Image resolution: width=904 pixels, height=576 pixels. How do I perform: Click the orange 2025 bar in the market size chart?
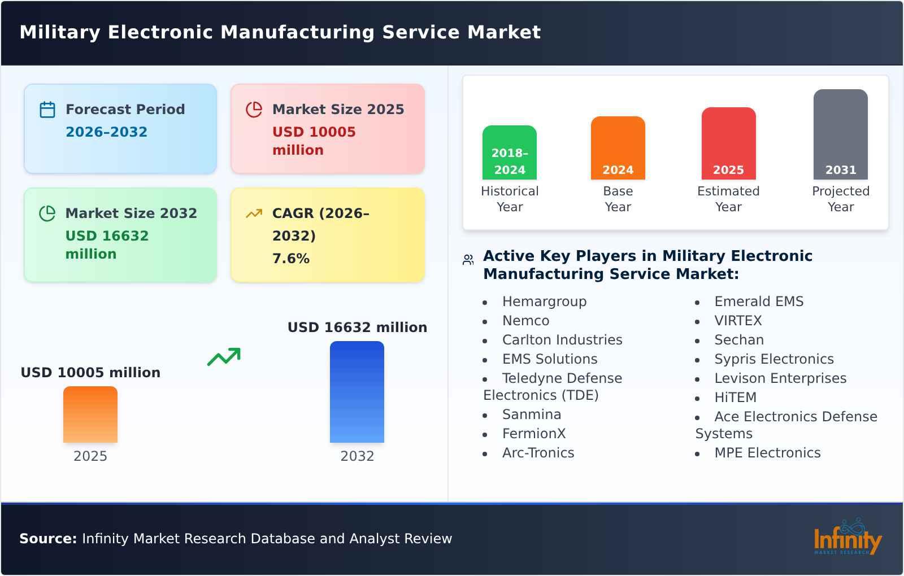tap(90, 414)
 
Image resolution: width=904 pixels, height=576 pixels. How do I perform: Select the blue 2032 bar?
tap(357, 392)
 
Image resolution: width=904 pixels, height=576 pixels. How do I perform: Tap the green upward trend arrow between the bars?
tap(224, 357)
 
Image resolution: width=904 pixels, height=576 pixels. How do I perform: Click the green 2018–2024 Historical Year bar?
tap(509, 152)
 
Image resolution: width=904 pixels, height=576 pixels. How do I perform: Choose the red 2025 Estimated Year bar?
tap(728, 143)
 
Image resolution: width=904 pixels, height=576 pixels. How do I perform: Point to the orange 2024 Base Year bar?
tap(618, 148)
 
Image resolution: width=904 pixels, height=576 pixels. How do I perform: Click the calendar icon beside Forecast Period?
tap(47, 110)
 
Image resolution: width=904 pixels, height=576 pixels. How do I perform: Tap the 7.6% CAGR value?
tap(291, 259)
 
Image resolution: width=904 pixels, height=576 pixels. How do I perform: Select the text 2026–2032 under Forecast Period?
tap(106, 132)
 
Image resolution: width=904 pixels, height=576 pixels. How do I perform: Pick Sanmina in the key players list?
tap(531, 414)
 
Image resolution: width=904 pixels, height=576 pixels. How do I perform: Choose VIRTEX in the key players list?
tap(738, 321)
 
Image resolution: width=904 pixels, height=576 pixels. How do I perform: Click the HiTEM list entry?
tap(735, 398)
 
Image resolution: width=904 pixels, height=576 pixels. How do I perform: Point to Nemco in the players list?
tap(525, 321)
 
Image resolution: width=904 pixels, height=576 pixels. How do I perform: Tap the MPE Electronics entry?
tap(767, 453)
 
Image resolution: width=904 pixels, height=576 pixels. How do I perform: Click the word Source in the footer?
tap(47, 539)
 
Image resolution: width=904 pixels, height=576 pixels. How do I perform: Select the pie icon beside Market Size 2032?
tap(47, 213)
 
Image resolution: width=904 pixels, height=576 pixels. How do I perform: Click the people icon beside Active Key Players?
tap(468, 260)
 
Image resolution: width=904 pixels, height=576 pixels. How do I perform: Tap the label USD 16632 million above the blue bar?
tap(357, 328)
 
